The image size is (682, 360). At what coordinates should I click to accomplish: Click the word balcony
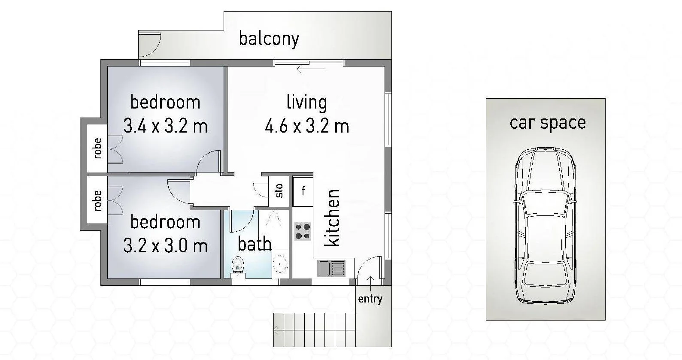tap(269, 39)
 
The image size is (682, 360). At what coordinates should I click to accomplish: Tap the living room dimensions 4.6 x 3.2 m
tap(307, 126)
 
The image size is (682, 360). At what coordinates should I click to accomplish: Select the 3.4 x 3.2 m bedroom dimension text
tap(165, 126)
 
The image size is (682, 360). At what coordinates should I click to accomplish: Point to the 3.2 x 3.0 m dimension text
tap(165, 246)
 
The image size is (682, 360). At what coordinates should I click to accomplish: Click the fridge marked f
tap(303, 191)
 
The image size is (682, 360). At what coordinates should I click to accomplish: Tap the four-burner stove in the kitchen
tap(303, 231)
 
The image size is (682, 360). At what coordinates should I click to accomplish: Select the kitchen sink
tap(331, 268)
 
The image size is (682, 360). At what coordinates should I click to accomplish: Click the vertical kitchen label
tap(332, 218)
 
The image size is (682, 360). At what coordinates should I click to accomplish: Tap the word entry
tap(370, 299)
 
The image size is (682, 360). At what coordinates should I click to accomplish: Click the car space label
tap(548, 123)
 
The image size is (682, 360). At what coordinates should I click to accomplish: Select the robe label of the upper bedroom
tap(98, 148)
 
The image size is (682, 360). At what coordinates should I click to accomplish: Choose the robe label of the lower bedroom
tap(98, 200)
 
